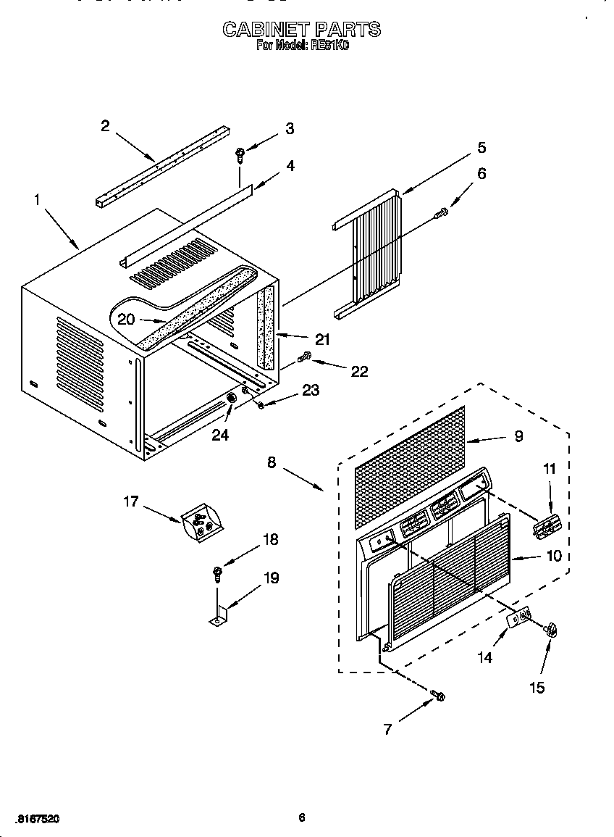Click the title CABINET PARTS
click(301, 30)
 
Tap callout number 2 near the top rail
click(105, 126)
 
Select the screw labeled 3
click(240, 153)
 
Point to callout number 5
click(481, 147)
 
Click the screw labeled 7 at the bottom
click(437, 697)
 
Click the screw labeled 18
click(216, 574)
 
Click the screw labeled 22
click(305, 356)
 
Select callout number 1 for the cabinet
click(38, 199)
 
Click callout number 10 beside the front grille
click(554, 557)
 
